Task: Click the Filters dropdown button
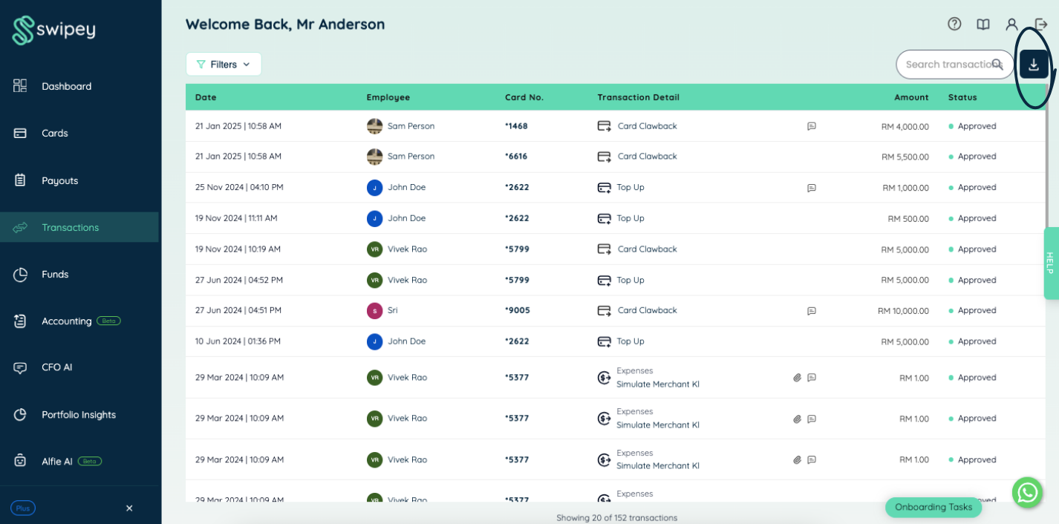pyautogui.click(x=223, y=65)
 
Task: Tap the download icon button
pyautogui.click(x=1034, y=65)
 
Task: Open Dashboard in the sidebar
pyautogui.click(x=66, y=86)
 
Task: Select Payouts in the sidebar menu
pyautogui.click(x=59, y=180)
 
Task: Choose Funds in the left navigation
pyautogui.click(x=55, y=274)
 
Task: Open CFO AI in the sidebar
pyautogui.click(x=56, y=367)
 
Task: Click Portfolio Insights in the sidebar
pyautogui.click(x=79, y=414)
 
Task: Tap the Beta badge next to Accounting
pyautogui.click(x=108, y=321)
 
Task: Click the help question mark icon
pyautogui.click(x=954, y=24)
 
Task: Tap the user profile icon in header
pyautogui.click(x=1011, y=24)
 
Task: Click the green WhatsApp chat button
pyautogui.click(x=1027, y=492)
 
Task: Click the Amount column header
pyautogui.click(x=911, y=97)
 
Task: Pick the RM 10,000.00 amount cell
pyautogui.click(x=903, y=311)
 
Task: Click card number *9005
pyautogui.click(x=517, y=310)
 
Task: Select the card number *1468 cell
pyautogui.click(x=516, y=126)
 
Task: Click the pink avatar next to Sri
pyautogui.click(x=374, y=311)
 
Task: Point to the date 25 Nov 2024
pyautogui.click(x=219, y=187)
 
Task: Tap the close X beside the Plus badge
pyautogui.click(x=129, y=508)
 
